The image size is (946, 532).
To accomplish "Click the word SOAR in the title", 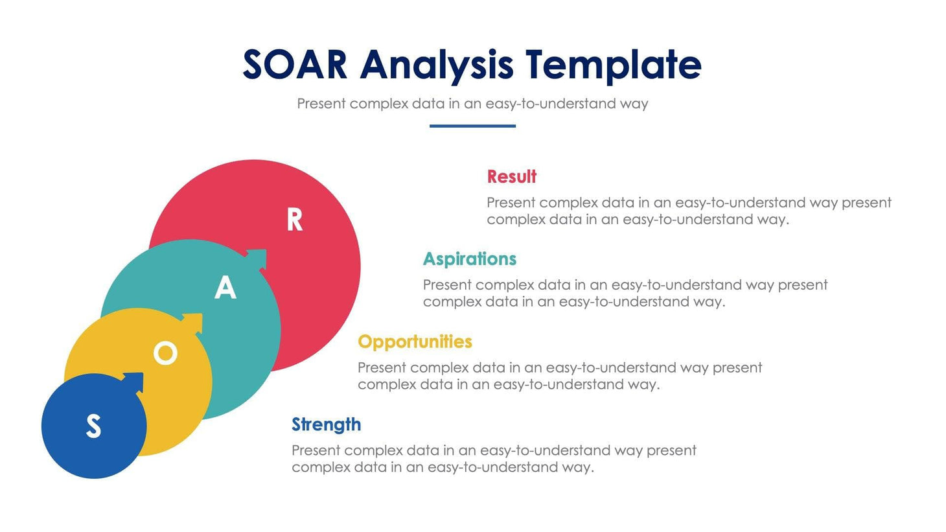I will point(295,65).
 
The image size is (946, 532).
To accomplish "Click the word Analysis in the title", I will point(437,65).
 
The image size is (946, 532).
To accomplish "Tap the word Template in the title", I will point(613,65).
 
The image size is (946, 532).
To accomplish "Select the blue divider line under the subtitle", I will point(472,126).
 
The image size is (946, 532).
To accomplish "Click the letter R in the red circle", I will point(295,220).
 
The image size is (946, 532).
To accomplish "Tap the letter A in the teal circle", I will point(225,288).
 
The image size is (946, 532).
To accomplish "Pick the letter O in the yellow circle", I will point(165,354).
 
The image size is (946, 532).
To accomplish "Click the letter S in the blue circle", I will point(94,426).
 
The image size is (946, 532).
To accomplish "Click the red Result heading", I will point(511,177).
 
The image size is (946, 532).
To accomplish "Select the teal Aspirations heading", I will point(469,259).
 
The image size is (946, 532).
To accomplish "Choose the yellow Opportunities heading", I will point(415,341).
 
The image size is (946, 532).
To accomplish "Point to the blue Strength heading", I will point(326,424).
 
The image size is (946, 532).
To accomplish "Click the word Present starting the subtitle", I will point(321,104).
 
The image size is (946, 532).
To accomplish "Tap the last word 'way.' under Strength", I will point(577,467).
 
